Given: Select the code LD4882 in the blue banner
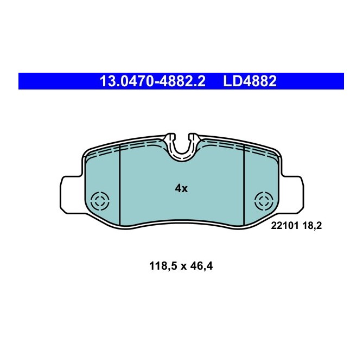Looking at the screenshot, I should (x=250, y=81).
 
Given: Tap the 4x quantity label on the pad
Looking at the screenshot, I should (x=181, y=188).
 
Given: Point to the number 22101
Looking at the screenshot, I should (x=283, y=227).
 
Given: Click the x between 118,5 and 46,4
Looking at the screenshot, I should (x=183, y=266).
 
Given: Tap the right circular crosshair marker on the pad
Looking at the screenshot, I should (x=264, y=201).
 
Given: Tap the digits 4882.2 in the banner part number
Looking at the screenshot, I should (x=179, y=81).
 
